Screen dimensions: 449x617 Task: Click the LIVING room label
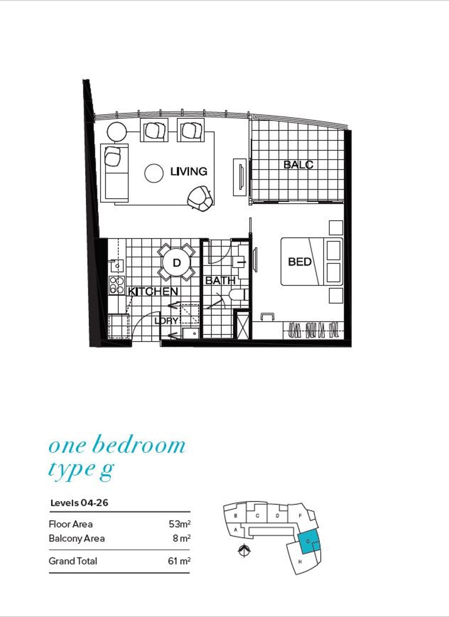189,172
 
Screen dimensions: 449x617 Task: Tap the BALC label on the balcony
298,165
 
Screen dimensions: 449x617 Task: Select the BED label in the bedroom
300,262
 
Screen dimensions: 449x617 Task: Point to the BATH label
220,281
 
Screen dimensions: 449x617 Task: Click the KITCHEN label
153,291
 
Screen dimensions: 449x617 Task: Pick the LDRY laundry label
167,320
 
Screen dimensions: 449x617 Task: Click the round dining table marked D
177,262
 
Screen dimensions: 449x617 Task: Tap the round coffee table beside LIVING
154,173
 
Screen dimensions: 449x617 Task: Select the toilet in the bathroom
238,294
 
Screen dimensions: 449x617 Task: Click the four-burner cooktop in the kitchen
117,286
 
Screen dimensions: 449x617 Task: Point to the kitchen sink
117,266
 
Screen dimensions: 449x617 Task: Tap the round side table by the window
117,132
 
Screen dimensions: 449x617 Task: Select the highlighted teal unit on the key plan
309,541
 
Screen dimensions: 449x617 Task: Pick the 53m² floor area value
180,524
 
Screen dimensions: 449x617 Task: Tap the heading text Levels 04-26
79,503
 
